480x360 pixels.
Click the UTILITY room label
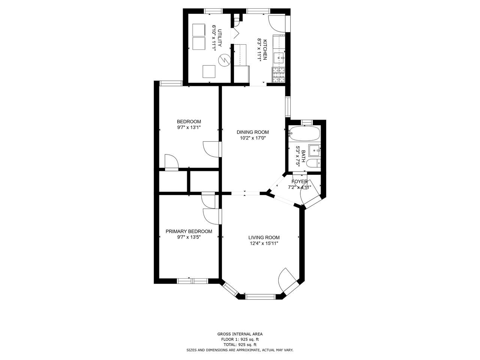click(x=220, y=38)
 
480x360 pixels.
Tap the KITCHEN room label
click(x=265, y=49)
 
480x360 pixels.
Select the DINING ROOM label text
click(x=253, y=132)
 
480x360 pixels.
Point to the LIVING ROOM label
click(x=264, y=238)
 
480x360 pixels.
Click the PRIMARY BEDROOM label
click(x=189, y=231)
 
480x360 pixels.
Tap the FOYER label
click(x=300, y=181)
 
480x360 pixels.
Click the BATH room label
click(x=303, y=156)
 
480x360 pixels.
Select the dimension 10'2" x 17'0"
click(x=253, y=138)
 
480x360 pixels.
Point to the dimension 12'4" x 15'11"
click(x=264, y=243)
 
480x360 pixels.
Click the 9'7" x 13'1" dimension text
click(x=189, y=127)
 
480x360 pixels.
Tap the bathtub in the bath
click(x=304, y=133)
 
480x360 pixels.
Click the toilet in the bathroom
click(x=313, y=163)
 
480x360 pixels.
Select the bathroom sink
click(x=315, y=150)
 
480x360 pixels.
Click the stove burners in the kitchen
click(x=278, y=75)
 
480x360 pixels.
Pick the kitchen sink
click(x=279, y=58)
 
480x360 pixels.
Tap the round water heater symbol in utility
click(x=224, y=60)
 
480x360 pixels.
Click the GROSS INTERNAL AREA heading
click(x=240, y=334)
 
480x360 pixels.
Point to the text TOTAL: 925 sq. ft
click(x=240, y=345)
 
